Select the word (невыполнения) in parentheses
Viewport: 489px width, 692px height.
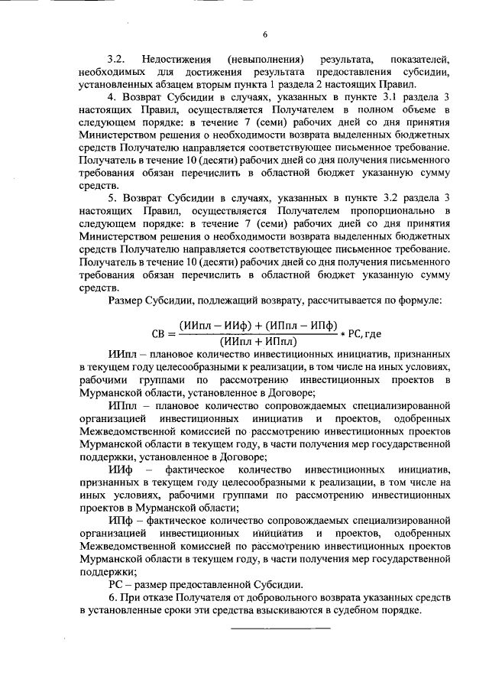click(271, 59)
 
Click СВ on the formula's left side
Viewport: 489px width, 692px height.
click(161, 333)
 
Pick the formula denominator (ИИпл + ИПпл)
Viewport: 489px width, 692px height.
click(257, 342)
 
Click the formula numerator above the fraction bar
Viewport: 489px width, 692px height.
click(258, 325)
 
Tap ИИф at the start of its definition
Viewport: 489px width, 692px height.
click(120, 468)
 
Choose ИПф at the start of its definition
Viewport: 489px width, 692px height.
click(121, 518)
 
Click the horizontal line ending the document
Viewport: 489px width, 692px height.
click(280, 629)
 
